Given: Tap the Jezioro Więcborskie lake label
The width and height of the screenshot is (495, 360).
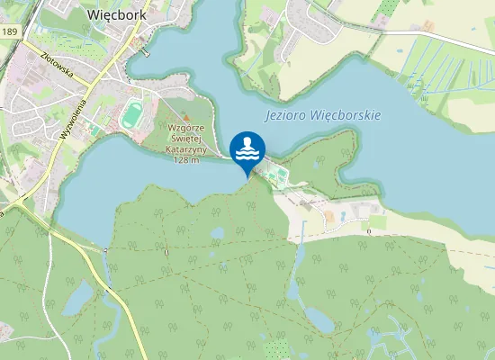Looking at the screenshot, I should pyautogui.click(x=323, y=116).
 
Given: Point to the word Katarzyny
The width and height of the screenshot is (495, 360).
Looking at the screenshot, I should pyautogui.click(x=185, y=149).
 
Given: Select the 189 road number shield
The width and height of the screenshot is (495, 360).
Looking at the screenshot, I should pyautogui.click(x=9, y=32).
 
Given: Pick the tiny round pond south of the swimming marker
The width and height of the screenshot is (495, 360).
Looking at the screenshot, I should pyautogui.click(x=217, y=233).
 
